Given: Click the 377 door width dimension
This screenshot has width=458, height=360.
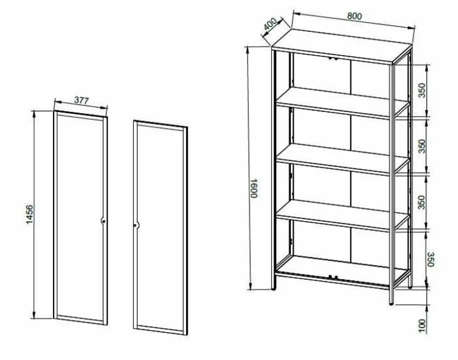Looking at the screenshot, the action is coord(81,100).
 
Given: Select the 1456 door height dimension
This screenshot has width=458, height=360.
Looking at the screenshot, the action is coord(30,214).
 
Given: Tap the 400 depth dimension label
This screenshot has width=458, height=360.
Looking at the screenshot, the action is coord(270,24).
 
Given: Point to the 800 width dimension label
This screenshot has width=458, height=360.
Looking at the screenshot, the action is coord(354,16).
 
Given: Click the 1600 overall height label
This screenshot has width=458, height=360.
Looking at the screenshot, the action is coord(254,188).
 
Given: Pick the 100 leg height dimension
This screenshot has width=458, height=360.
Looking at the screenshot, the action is coord(422,325).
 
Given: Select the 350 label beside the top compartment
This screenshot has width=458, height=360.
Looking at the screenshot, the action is coord(422,90).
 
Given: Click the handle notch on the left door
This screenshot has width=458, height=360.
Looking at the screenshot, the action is coord(103,221).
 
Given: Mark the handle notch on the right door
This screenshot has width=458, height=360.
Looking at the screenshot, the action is coord(136,225).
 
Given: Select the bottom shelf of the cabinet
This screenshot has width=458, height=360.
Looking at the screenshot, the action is coord(342,270).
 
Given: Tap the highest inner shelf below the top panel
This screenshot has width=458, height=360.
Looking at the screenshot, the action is coord(343,102).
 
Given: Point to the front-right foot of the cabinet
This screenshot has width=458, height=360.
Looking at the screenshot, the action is coord(391,304).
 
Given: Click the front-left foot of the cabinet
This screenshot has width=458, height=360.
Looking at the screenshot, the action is coord(274,289).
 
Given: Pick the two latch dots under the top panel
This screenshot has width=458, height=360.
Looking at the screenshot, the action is coord(333,59).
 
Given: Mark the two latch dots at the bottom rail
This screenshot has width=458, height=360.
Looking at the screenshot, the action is coord(333,276).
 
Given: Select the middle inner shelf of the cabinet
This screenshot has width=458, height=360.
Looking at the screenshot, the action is coord(343,159).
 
